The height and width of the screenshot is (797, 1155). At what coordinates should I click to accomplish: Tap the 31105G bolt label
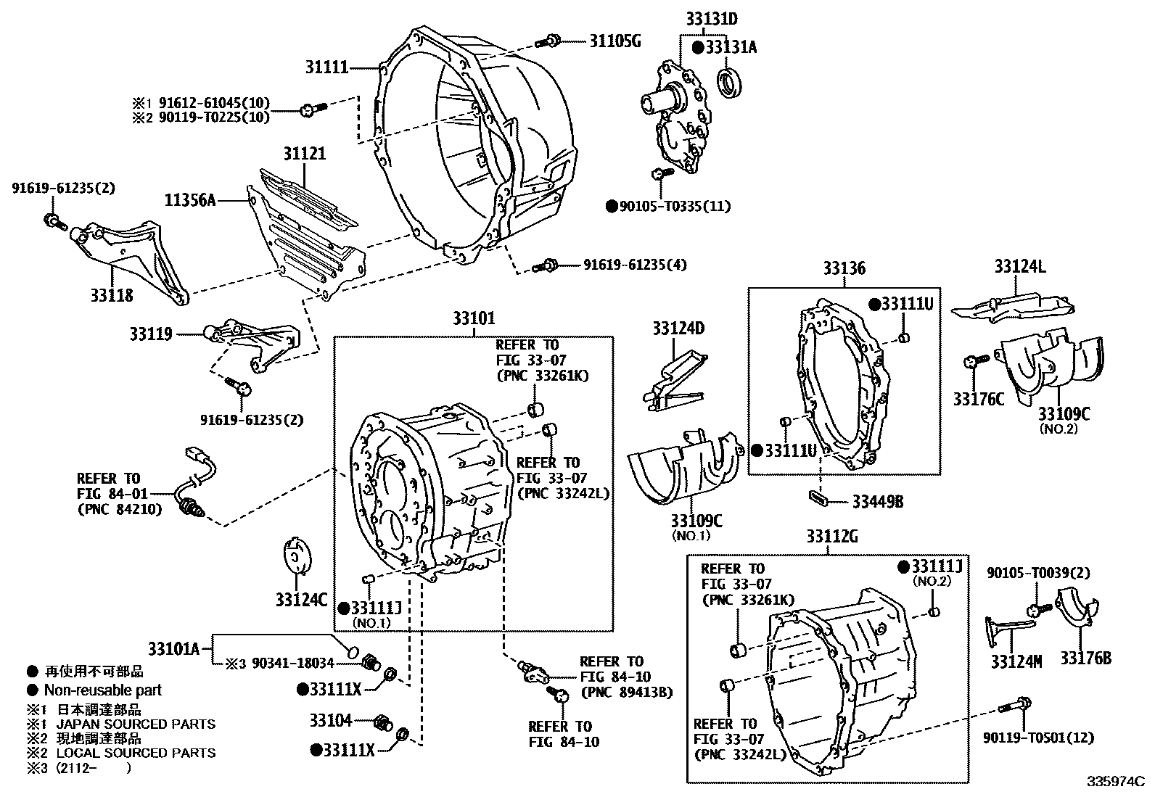point(615,41)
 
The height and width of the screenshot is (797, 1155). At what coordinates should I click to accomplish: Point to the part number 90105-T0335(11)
point(675,207)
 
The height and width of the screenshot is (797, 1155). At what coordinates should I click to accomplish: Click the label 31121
point(304,154)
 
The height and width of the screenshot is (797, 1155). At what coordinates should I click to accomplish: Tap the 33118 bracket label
point(112,295)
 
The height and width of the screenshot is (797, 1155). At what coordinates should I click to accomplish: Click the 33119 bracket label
point(151,334)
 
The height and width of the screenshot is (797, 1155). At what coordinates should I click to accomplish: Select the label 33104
point(330,720)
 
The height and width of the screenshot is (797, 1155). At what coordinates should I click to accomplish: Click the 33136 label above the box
point(843,268)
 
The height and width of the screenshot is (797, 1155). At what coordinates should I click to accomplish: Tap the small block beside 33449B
point(819,497)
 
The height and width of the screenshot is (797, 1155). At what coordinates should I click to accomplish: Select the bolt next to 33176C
point(974,360)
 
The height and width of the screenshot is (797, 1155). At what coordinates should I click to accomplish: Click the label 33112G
point(831,537)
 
